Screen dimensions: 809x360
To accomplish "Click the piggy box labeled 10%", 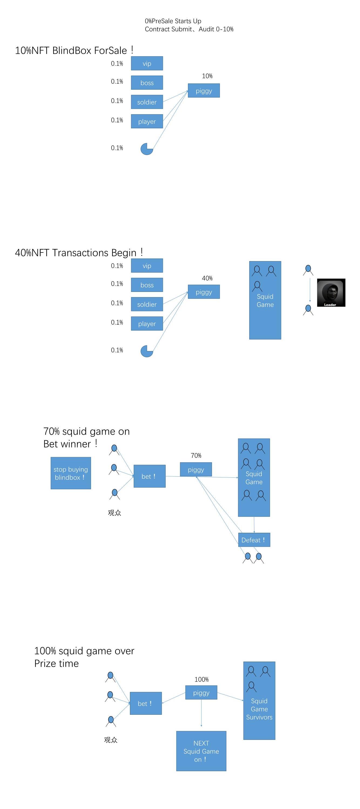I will tap(204, 91).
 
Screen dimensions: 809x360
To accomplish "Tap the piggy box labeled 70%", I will tap(196, 470).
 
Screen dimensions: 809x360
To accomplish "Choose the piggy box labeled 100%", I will tap(201, 693).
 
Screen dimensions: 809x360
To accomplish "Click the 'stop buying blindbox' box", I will tap(71, 473).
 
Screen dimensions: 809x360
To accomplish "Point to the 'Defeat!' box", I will tap(254, 540).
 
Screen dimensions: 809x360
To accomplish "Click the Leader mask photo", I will tap(331, 293).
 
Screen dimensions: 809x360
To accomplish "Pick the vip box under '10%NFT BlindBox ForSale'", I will tap(147, 63).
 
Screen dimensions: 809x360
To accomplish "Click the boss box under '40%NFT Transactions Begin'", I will tap(147, 285).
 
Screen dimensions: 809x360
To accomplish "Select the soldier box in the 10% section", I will tap(147, 102).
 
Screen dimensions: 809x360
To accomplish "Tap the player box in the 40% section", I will tap(147, 324).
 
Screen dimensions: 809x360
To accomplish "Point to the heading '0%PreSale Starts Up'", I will tap(173, 21).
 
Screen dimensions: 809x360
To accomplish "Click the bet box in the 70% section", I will tap(150, 476).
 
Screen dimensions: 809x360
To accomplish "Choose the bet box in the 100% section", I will tap(146, 703).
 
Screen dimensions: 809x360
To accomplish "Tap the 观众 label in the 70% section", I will tap(114, 513).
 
